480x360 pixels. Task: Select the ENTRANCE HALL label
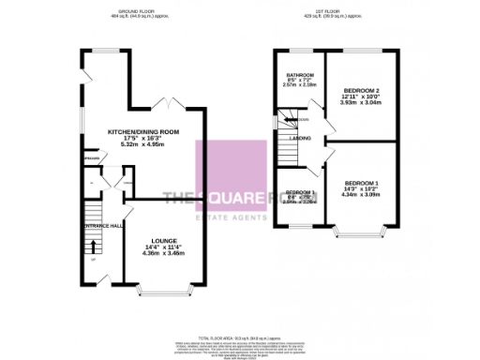point(105,226)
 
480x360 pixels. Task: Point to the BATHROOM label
point(299,74)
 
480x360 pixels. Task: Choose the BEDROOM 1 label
point(359,182)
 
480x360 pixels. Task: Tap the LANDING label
point(301,139)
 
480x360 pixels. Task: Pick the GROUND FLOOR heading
point(127,12)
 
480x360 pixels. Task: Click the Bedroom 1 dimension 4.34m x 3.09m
point(359,195)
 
